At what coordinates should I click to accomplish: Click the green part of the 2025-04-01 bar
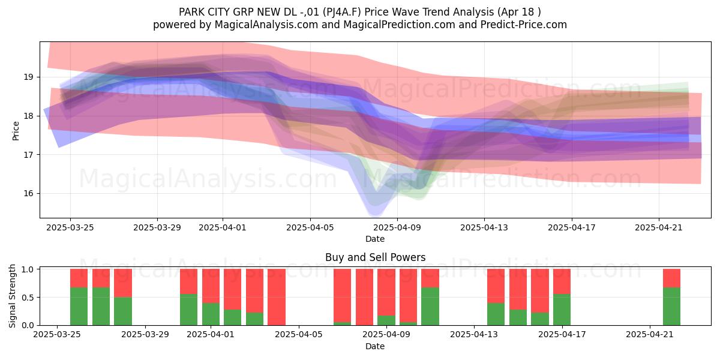(x=211, y=314)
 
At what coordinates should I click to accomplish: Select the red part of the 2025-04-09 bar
(x=386, y=292)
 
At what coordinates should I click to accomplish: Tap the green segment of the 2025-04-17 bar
(x=562, y=310)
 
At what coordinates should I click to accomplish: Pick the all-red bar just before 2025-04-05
(x=277, y=297)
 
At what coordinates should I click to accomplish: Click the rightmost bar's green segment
(x=672, y=307)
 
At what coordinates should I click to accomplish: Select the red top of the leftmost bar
(x=79, y=278)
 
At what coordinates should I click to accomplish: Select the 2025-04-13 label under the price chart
(x=484, y=227)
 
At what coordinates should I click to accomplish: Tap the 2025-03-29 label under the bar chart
(x=145, y=334)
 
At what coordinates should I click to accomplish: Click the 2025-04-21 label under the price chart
(x=659, y=227)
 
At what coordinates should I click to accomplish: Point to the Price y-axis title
(x=16, y=131)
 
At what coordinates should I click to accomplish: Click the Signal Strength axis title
(x=12, y=296)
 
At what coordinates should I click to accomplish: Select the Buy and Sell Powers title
(x=376, y=257)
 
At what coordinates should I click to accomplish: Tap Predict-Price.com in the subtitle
(x=524, y=25)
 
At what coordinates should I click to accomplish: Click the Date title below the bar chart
(x=375, y=346)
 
